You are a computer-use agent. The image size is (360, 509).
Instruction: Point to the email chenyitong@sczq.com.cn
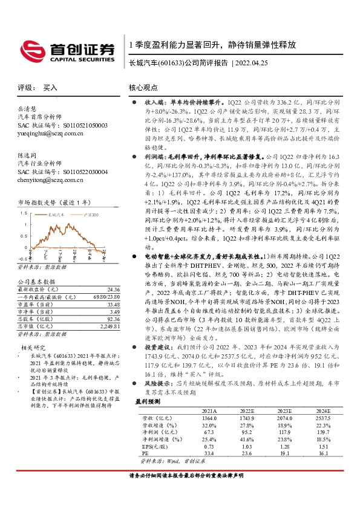[x=49, y=180]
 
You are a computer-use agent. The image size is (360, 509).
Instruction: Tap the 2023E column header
[x=284, y=409]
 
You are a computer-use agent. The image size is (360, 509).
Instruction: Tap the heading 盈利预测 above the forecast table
[x=149, y=401]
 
